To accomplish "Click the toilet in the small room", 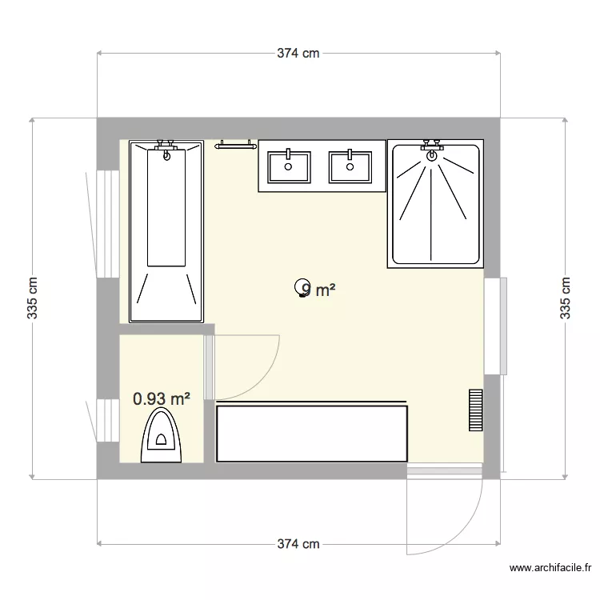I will coord(162,437).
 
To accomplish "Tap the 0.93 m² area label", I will coord(162,398).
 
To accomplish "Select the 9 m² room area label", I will coord(315,290).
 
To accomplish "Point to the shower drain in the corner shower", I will coord(432,155).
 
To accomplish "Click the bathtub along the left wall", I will coord(166,232).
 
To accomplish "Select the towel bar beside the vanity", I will coord(236,145).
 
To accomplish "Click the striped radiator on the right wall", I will coord(476,410).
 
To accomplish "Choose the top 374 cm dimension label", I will coord(298,54).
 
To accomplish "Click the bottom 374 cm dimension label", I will coord(298,544).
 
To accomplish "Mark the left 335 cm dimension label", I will coord(33,298).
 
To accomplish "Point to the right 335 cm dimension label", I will coord(566,298).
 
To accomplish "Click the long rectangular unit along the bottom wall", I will coord(312,433).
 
